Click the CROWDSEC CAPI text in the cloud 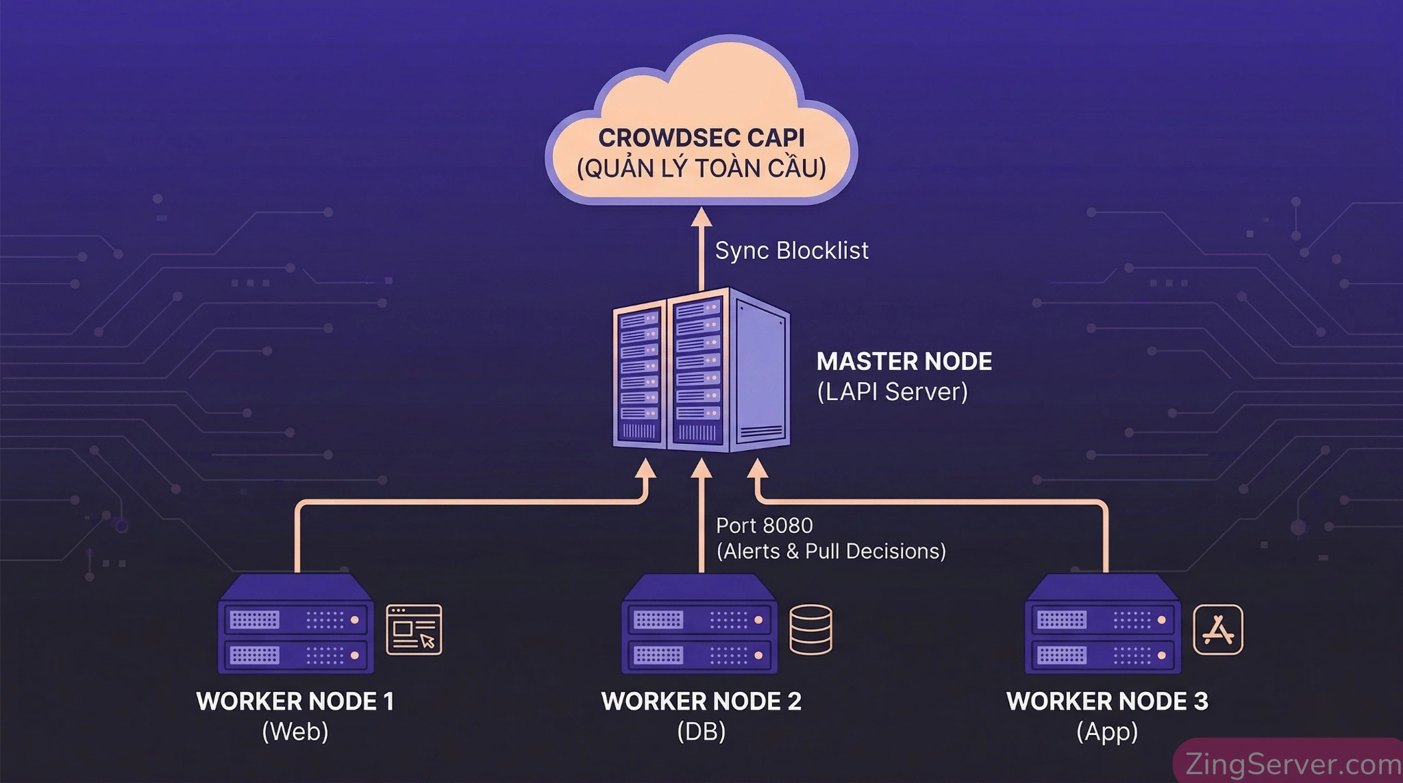click(x=701, y=138)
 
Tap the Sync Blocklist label click(x=791, y=251)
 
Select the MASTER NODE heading click(x=904, y=361)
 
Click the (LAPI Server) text click(x=892, y=392)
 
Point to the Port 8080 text click(x=764, y=525)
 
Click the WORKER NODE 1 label click(x=295, y=701)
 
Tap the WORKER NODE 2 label click(x=701, y=701)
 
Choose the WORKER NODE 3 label click(x=1106, y=701)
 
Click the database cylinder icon click(x=810, y=629)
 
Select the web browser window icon click(x=414, y=629)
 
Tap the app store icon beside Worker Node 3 click(x=1217, y=629)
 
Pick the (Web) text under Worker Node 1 click(x=295, y=732)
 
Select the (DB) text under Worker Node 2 click(x=701, y=732)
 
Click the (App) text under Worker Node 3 click(x=1106, y=732)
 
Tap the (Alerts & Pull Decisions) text click(x=830, y=551)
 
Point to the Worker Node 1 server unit click(x=295, y=625)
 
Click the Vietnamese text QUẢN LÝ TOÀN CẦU click(x=701, y=169)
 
